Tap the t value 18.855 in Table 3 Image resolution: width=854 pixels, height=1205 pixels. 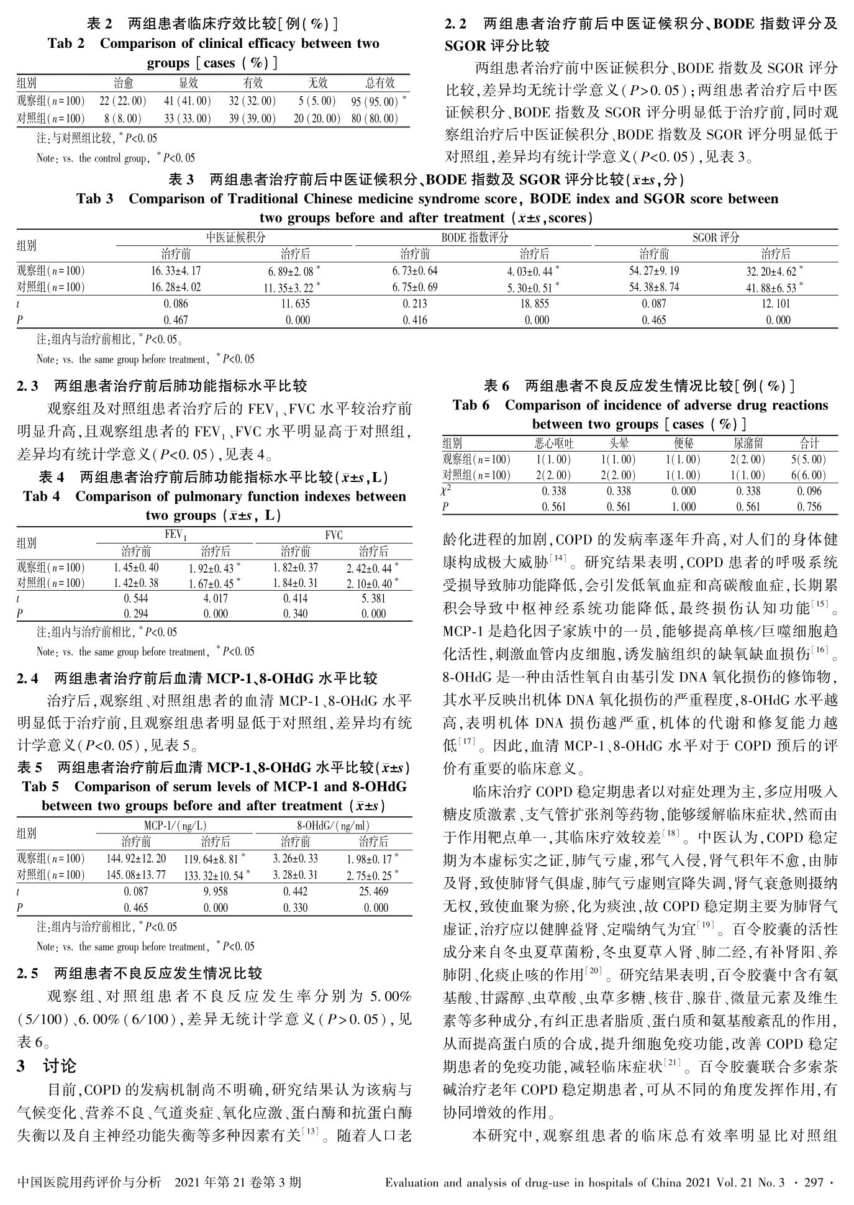tap(534, 304)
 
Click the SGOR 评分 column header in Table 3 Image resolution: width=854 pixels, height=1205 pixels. tap(715, 237)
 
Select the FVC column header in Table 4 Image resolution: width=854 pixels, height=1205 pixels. tap(334, 535)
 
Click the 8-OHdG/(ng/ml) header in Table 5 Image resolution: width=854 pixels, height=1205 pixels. tap(334, 825)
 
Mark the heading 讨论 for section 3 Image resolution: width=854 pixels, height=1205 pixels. tap(60, 1066)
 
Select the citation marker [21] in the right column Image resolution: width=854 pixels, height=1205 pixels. tap(673, 1064)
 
